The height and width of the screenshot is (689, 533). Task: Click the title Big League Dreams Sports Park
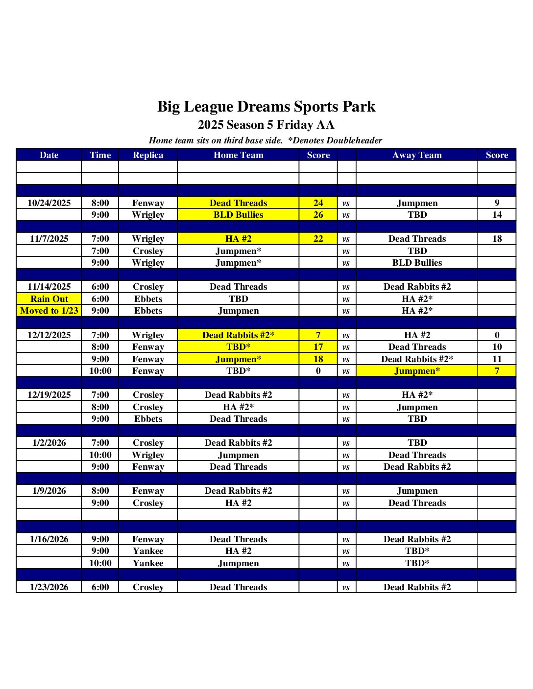(266, 107)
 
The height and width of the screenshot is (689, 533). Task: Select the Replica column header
(148, 155)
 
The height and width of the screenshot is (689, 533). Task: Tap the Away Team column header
(417, 155)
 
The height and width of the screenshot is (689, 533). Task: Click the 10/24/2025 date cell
(49, 203)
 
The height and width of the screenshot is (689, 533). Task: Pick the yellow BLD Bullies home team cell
(238, 215)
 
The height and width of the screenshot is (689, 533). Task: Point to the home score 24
(318, 203)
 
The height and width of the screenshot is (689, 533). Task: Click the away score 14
(497, 215)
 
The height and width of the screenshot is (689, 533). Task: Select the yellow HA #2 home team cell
(238, 239)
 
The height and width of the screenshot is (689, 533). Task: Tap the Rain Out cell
(49, 299)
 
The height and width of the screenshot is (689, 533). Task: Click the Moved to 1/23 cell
(49, 311)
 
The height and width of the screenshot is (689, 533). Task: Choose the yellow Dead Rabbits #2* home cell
(238, 335)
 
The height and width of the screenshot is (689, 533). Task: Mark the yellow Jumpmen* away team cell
(417, 371)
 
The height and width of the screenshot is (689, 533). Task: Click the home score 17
(318, 347)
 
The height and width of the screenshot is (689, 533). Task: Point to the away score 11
(497, 359)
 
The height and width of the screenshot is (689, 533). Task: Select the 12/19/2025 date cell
(49, 395)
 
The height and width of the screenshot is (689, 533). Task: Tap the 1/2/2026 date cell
(49, 443)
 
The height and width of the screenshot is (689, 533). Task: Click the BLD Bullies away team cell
(417, 263)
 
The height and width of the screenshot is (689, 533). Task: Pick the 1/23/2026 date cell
(49, 587)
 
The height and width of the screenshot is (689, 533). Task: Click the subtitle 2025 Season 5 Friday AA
(266, 125)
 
